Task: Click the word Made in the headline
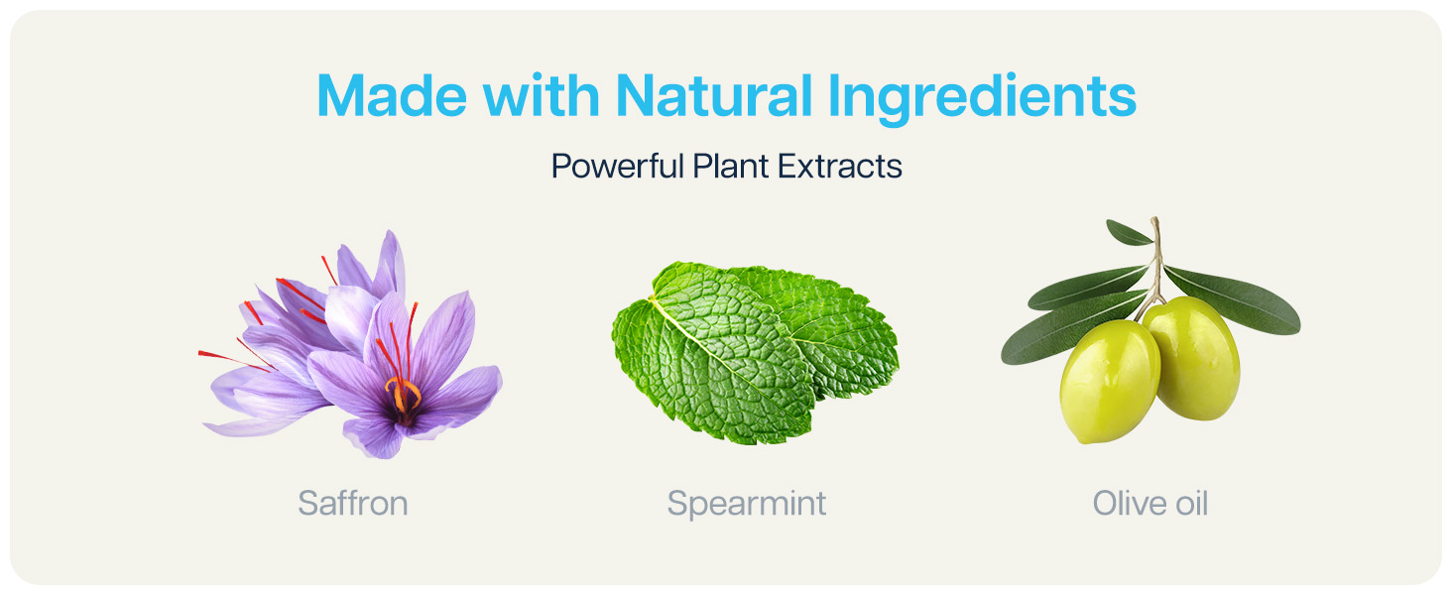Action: [392, 95]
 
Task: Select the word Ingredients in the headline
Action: [982, 98]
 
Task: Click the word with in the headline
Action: [542, 95]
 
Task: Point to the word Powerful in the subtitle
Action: [618, 166]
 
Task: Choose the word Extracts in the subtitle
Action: [839, 166]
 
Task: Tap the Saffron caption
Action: [353, 503]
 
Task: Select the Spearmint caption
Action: [747, 504]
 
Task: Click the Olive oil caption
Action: [1150, 503]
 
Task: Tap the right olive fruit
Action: [1191, 357]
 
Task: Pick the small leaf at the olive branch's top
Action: [1129, 233]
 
